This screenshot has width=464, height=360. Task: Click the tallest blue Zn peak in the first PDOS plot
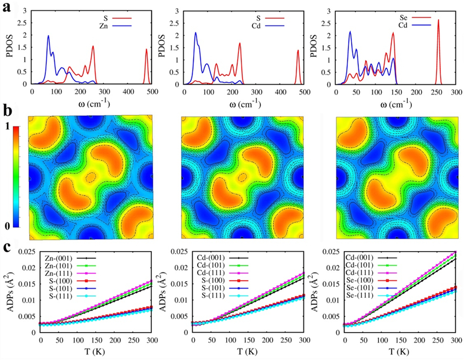[48, 37]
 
